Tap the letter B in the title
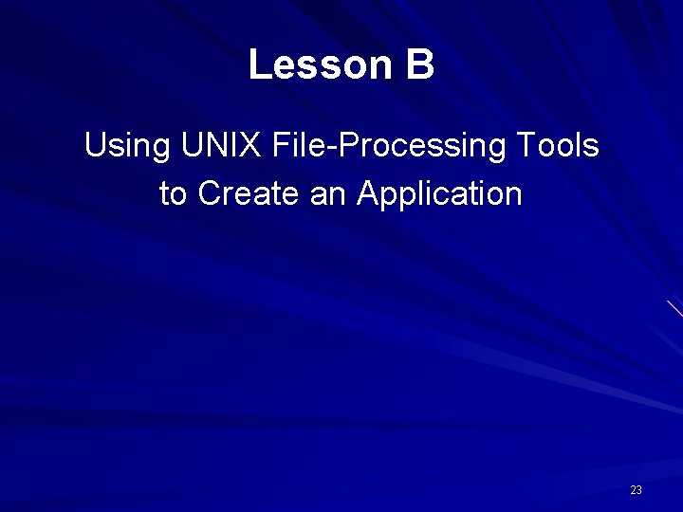click(x=421, y=65)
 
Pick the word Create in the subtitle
click(x=249, y=194)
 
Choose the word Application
click(x=439, y=195)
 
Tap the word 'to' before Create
click(x=174, y=194)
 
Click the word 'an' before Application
click(x=327, y=194)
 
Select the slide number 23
click(x=636, y=490)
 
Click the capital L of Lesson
click(x=258, y=65)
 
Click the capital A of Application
click(x=368, y=194)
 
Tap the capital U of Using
click(x=95, y=146)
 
